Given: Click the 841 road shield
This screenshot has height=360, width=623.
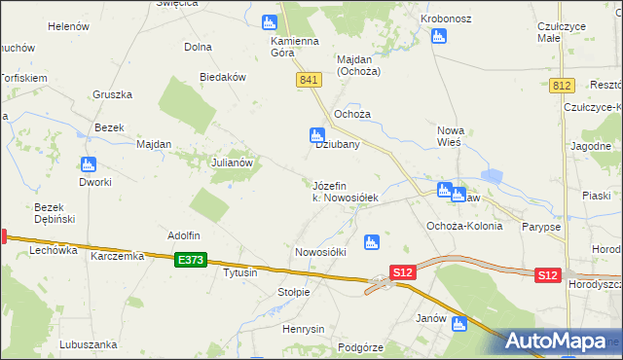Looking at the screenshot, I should [x=311, y=80].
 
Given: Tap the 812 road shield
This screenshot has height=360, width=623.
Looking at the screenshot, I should [x=560, y=86].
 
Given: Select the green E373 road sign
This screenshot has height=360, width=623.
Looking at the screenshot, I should [x=192, y=260].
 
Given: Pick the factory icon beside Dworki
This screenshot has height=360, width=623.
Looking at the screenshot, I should [x=89, y=164].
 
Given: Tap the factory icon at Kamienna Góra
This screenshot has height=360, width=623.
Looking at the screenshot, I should [x=270, y=22].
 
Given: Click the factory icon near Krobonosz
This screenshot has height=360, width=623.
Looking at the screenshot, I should [x=438, y=37].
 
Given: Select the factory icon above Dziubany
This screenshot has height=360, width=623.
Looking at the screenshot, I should [x=316, y=134].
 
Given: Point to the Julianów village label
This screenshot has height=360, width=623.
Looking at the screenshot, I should [x=233, y=162].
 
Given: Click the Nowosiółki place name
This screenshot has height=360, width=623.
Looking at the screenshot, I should [x=320, y=252].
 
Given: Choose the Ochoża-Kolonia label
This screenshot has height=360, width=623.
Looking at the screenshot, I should [x=464, y=226].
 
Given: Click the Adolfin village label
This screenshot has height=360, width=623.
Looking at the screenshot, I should [x=183, y=235].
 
